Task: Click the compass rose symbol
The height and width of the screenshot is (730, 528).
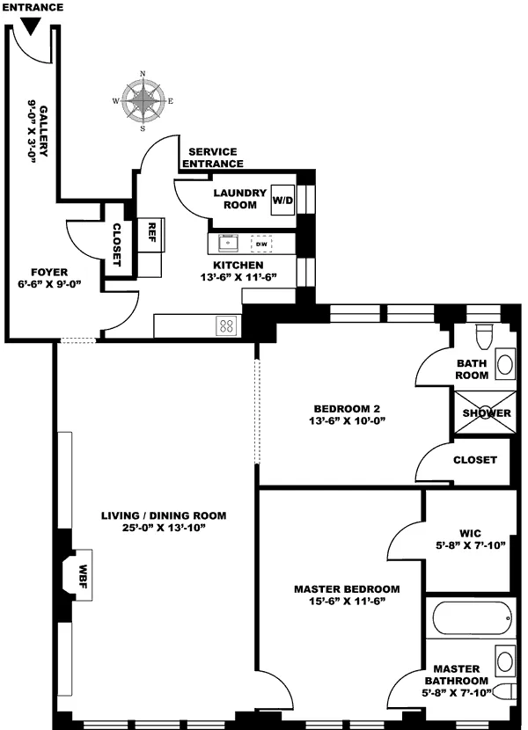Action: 143,99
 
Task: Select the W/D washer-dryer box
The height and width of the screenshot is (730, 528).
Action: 282,199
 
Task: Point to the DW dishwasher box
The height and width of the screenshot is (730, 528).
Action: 261,244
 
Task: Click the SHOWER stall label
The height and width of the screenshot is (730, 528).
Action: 480,413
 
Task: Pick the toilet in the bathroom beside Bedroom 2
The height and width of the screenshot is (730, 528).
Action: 482,338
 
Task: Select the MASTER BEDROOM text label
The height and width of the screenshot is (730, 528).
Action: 347,588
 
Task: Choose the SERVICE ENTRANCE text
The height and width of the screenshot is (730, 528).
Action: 212,157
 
